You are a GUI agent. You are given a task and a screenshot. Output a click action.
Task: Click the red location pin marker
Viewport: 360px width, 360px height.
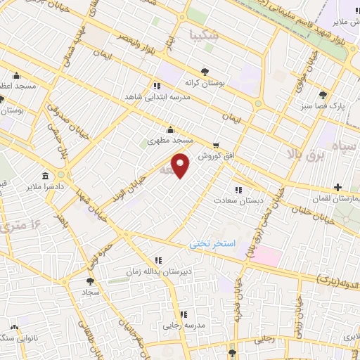181,165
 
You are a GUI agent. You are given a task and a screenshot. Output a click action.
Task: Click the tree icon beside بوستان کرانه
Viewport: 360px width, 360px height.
205,71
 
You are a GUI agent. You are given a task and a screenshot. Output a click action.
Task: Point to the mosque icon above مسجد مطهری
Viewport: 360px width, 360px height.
169,129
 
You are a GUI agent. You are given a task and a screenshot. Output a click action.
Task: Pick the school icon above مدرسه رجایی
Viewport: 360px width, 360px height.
183,314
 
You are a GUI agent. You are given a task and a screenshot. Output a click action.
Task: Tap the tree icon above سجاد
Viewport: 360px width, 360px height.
89,281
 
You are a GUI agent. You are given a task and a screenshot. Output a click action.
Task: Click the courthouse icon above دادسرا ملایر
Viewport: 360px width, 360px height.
46,174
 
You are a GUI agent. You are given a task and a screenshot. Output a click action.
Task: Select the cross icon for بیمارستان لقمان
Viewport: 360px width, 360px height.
338,187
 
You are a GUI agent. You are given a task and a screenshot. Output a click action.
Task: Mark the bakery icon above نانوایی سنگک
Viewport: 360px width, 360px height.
15,328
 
